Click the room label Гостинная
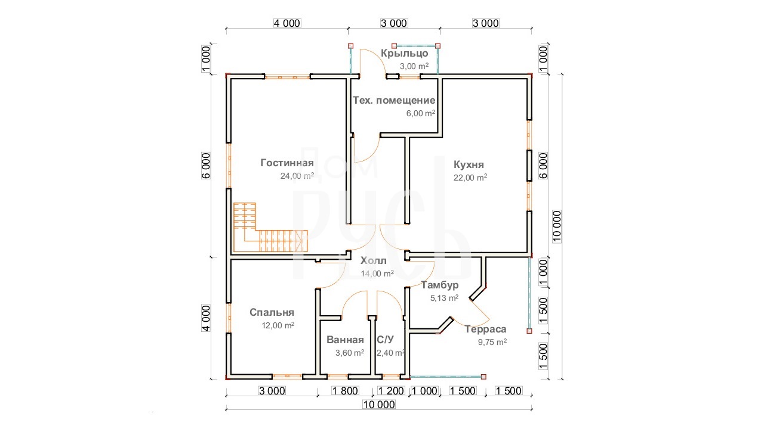(x=287, y=163)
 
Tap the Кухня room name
(x=469, y=165)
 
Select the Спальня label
(x=272, y=313)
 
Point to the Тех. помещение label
(x=394, y=101)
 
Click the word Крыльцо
(x=405, y=54)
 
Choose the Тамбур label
(x=440, y=285)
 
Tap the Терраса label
(x=485, y=329)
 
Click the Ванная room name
(x=345, y=340)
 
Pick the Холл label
(x=374, y=261)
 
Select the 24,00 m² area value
(x=297, y=176)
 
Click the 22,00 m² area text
(x=470, y=178)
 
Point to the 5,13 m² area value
(x=444, y=298)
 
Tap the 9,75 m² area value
(x=492, y=342)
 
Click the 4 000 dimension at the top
(x=287, y=23)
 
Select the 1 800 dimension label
(x=345, y=390)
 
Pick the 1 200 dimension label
(x=391, y=390)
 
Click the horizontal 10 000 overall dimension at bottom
(x=379, y=405)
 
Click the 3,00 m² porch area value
(x=414, y=66)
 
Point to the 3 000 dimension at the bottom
(x=272, y=390)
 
